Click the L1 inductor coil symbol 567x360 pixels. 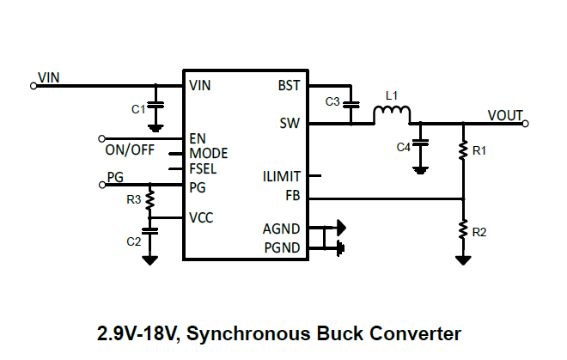click(392, 115)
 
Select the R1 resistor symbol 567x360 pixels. click(463, 151)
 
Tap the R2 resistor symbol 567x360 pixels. click(463, 231)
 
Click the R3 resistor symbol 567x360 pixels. click(150, 201)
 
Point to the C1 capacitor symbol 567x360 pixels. click(155, 107)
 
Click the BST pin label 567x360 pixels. click(289, 86)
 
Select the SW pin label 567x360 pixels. click(290, 123)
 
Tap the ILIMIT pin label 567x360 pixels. click(282, 177)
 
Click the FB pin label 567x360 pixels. click(292, 195)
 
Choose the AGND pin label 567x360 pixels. click(282, 229)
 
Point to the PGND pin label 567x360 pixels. click(282, 248)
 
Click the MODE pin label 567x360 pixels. click(209, 154)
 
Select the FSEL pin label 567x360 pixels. click(204, 169)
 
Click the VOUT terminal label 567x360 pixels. click(504, 115)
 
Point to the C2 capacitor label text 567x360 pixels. click(133, 241)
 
